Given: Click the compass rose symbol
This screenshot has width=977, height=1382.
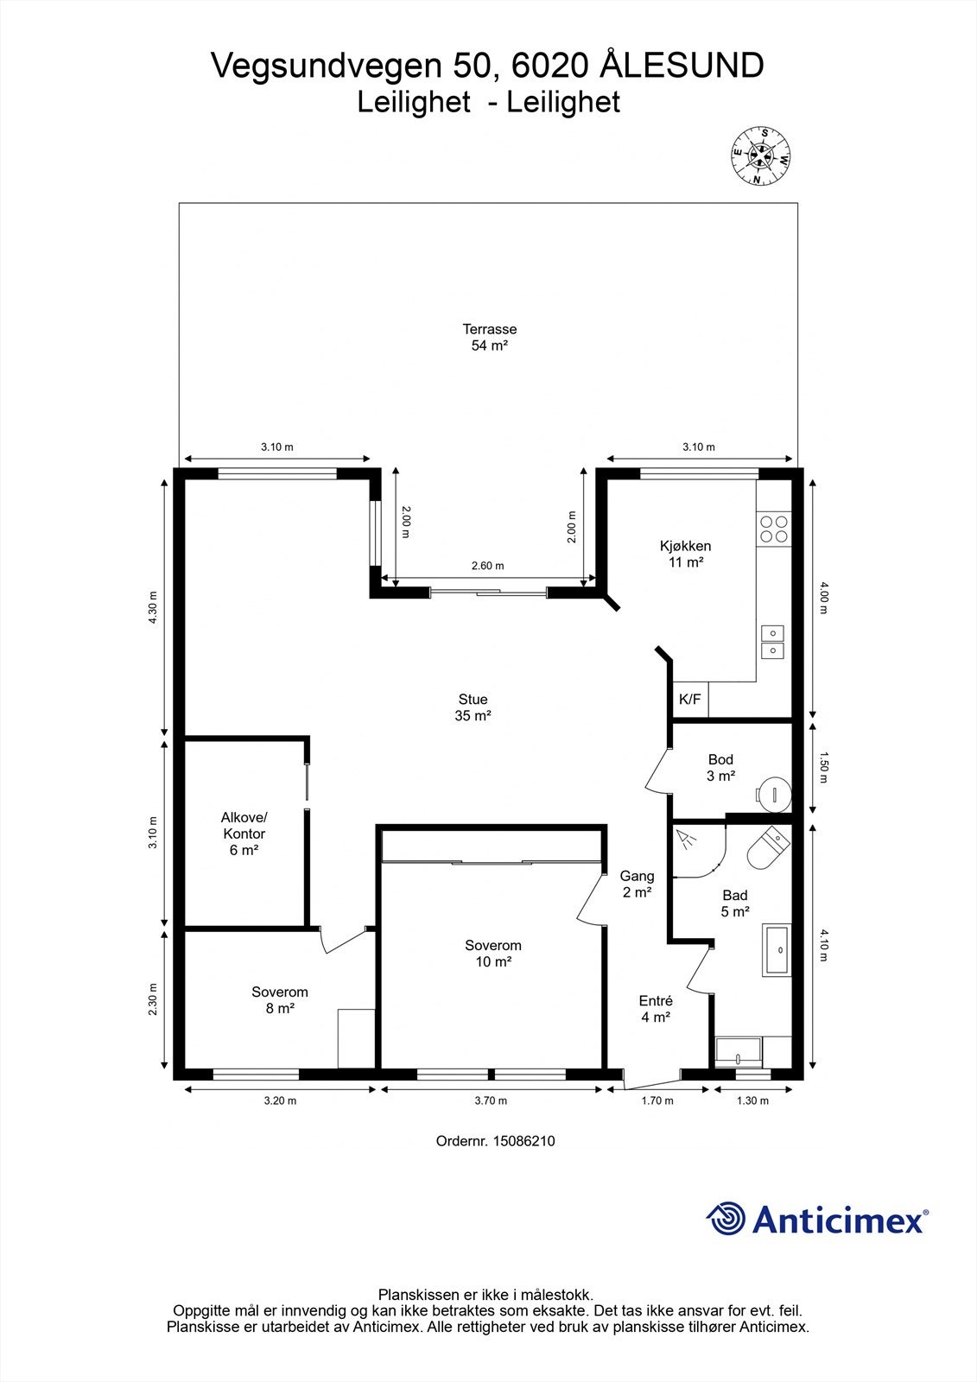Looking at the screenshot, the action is (x=760, y=155).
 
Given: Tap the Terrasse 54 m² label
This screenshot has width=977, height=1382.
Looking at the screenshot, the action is (x=490, y=338).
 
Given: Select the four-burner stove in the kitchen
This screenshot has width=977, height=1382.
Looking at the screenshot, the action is (x=774, y=529).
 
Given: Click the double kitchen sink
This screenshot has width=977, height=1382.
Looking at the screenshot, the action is (x=772, y=643).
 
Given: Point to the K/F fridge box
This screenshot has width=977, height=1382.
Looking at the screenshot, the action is (x=690, y=700).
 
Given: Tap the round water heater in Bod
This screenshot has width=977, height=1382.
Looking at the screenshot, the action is (x=774, y=794).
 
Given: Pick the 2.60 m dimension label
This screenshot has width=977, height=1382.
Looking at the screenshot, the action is (x=487, y=566).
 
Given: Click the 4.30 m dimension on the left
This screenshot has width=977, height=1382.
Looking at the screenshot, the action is (x=153, y=608).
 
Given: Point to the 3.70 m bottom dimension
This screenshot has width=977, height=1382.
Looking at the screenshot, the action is (x=491, y=1100).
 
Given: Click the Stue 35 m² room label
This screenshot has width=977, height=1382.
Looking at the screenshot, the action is (x=473, y=707).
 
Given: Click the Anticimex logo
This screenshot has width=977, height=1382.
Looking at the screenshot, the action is (x=817, y=1219).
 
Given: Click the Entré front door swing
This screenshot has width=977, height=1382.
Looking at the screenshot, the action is (x=654, y=1080).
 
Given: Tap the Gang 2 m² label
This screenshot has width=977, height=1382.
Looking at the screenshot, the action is (x=637, y=884).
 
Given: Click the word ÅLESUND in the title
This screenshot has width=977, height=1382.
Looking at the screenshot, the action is (x=682, y=66).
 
